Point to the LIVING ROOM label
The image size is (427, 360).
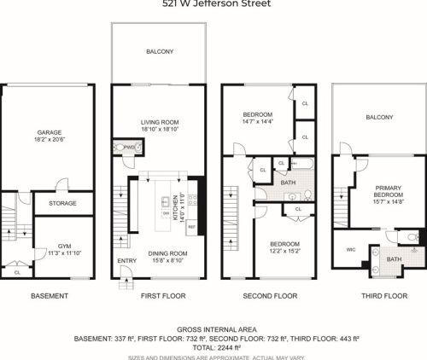point(157,122)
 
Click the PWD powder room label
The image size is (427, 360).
point(130,147)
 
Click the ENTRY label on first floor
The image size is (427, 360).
point(126,260)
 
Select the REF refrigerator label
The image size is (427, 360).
point(192,227)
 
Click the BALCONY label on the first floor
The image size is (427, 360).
point(159,52)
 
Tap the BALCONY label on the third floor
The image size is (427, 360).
point(379,117)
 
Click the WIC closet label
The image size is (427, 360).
point(350,250)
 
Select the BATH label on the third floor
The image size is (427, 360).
point(394,258)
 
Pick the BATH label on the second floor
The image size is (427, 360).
point(289,182)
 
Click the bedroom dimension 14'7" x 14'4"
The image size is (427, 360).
point(256,123)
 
